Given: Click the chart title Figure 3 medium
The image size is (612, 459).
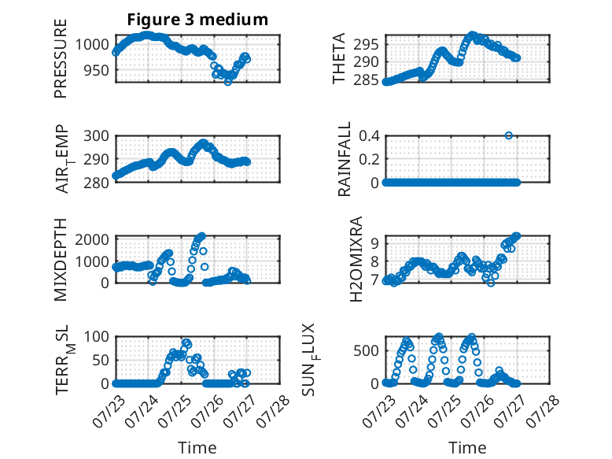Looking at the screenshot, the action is tap(197, 19).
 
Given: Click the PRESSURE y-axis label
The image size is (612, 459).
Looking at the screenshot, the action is tap(61, 58).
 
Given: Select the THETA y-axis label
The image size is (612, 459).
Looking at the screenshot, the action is tap(339, 58).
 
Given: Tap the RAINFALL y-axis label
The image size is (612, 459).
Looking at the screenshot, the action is tap(345, 159).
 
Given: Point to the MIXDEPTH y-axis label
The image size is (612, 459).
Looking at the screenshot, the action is tap(61, 260).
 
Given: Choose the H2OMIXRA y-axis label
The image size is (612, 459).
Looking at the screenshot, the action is tap(356, 259).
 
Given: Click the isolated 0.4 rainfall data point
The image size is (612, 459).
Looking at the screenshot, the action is tap(508, 135).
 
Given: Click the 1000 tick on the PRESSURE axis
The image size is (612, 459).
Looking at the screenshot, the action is tap(92, 45).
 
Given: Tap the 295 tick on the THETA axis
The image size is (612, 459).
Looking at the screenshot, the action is tap(366, 45).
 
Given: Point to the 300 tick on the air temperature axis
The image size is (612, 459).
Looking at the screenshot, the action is tap(97, 136).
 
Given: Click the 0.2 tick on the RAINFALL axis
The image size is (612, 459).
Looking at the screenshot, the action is tap(369, 159).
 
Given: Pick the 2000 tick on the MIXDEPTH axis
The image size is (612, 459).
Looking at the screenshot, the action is tap(92, 239).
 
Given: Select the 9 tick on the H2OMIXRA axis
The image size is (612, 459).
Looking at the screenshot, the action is tap(374, 243).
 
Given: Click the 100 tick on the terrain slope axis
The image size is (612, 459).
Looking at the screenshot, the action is tap(97, 336).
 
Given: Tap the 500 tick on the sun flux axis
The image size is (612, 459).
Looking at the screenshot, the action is tap(366, 351).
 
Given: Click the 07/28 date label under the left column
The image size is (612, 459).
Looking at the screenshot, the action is tap(273, 411).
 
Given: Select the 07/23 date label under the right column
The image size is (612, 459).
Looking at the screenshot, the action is tap(378, 411).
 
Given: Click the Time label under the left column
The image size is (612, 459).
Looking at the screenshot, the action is tap(197, 447).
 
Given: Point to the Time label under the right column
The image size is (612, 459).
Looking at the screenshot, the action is tap(467, 447).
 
